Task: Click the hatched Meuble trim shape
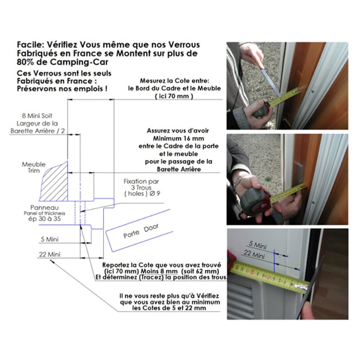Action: [54, 184]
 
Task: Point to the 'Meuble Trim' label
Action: [34, 167]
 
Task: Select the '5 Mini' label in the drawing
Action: [49, 239]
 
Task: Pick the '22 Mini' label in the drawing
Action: [49, 254]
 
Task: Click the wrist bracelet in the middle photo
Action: [239, 179]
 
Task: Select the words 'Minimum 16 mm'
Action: [177, 139]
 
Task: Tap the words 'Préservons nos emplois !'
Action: [62, 89]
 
